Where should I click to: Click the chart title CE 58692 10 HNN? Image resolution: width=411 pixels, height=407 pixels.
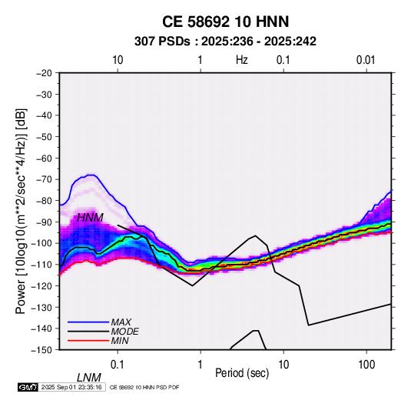coord(225,22)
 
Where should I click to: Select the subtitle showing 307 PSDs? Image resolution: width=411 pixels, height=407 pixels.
coord(225,42)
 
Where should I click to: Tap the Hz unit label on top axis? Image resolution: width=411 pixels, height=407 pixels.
coord(242,60)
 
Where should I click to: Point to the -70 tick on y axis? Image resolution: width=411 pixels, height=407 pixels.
coord(44,179)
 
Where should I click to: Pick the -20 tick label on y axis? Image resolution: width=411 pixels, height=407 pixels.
coord(44,73)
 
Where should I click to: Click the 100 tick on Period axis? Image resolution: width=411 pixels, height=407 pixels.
coord(366,365)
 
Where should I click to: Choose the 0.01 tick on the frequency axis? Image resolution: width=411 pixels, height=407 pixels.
coord(366,60)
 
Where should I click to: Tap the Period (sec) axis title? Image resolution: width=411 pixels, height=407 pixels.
coord(242,373)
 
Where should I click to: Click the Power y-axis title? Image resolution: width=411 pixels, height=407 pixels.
coord(21,212)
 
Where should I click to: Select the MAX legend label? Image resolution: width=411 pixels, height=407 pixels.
coord(121,322)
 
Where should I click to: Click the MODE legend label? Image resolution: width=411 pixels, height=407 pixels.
coord(124,332)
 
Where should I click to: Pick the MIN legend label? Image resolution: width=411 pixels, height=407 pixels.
coord(120,341)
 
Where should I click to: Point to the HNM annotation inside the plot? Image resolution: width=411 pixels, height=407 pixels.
coord(90,218)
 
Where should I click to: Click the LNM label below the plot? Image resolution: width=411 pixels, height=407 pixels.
coord(88,378)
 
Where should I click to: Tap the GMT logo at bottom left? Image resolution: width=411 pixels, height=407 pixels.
coord(28,387)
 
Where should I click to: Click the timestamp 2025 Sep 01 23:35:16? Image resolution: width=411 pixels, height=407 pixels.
coord(71,387)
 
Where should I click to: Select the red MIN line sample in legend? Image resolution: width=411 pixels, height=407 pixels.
coord(88,341)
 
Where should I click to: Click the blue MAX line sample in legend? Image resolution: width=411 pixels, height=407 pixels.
coord(88,322)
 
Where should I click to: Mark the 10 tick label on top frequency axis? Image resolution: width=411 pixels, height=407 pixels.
coord(118,60)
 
